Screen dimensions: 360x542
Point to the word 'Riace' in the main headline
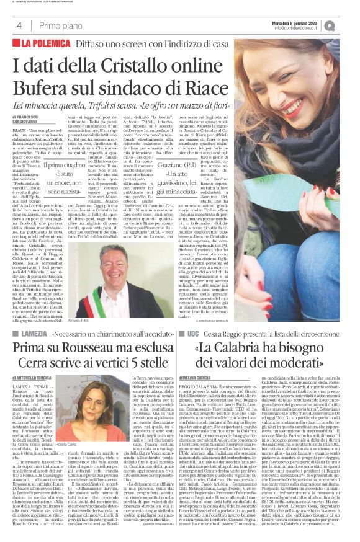pos(207,86)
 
